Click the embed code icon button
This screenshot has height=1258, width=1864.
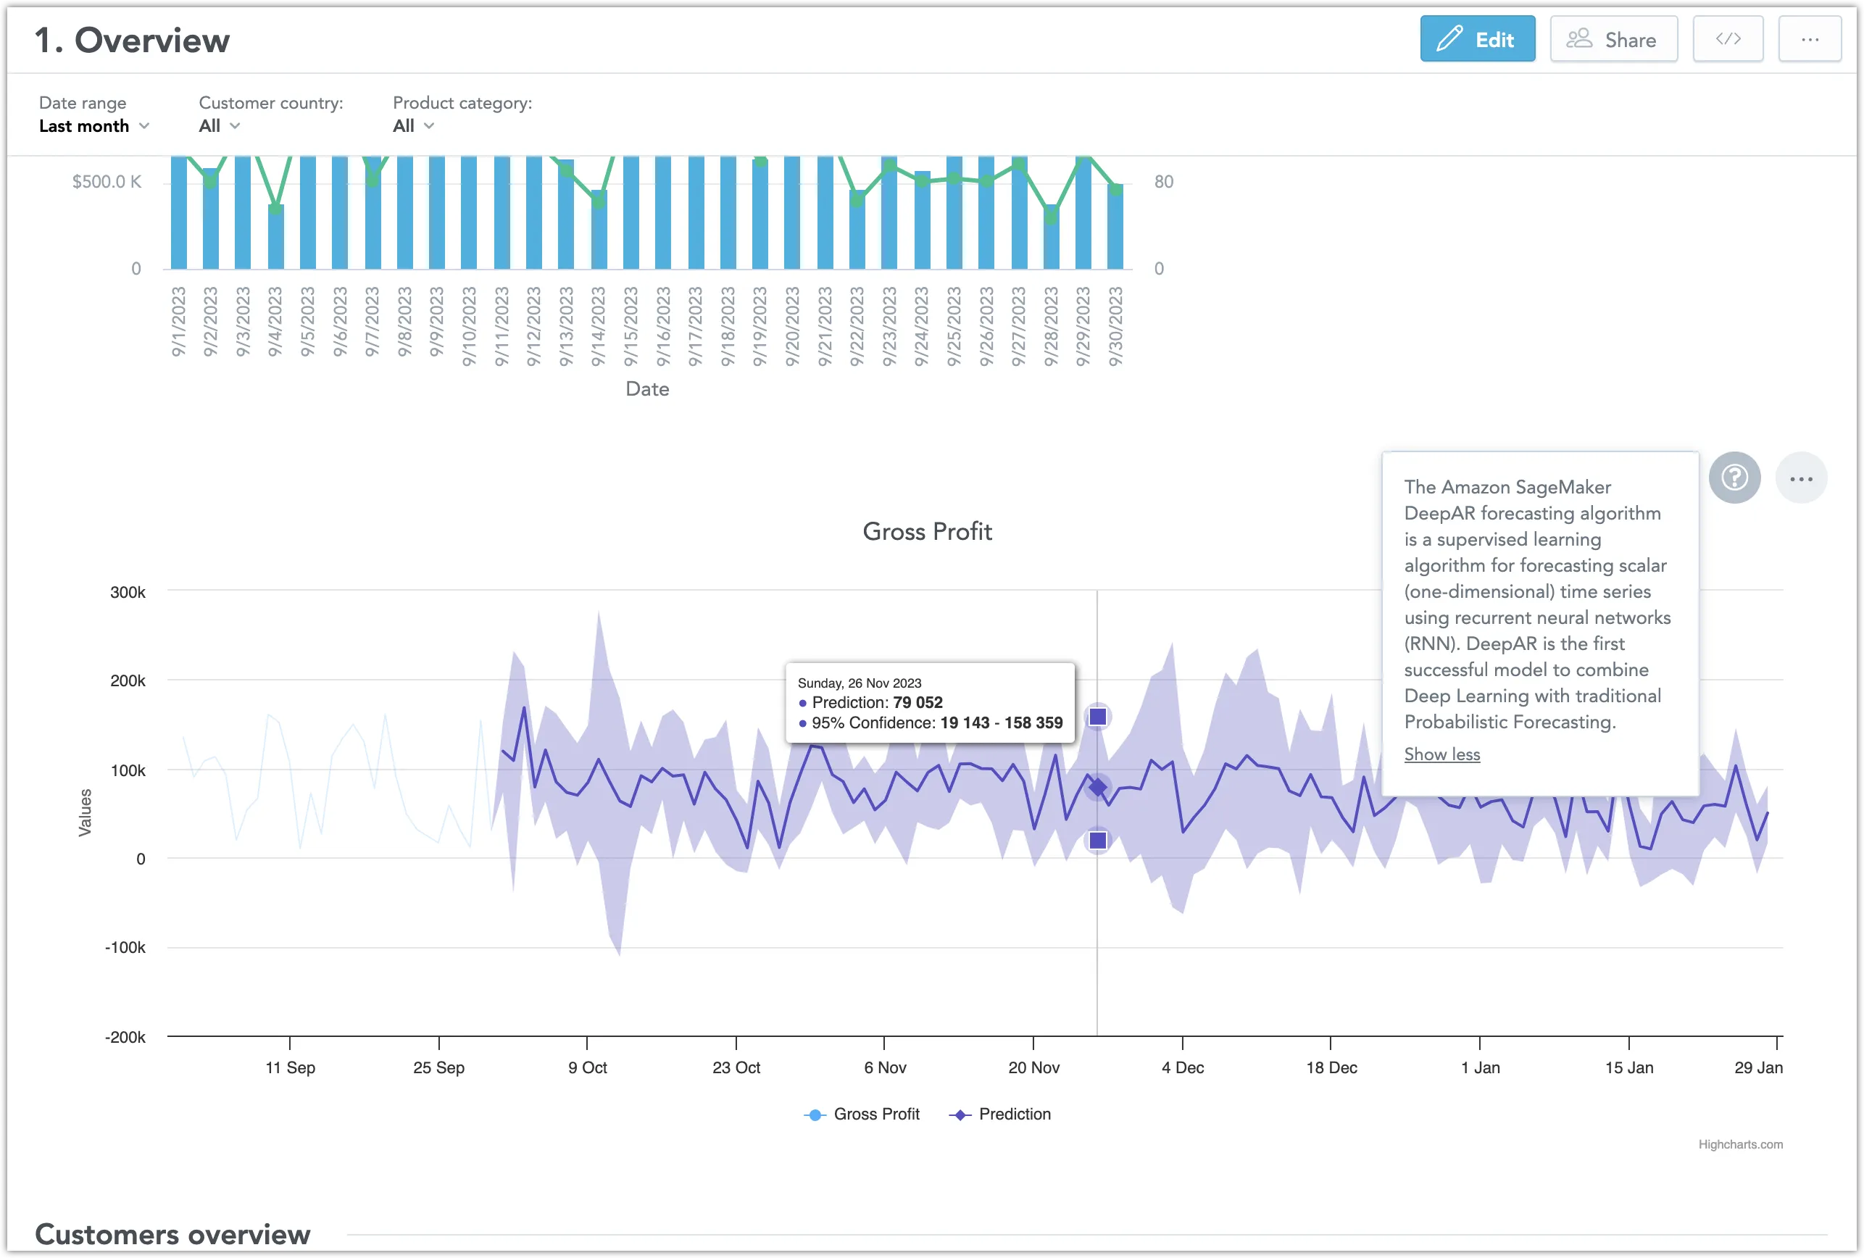[x=1727, y=39]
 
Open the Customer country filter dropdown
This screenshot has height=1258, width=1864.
[x=219, y=126]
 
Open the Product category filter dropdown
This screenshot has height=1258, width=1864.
[x=413, y=126]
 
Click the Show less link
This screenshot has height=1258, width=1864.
[x=1441, y=754]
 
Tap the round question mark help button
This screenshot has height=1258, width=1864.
[x=1734, y=478]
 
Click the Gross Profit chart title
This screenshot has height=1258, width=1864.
[x=926, y=532]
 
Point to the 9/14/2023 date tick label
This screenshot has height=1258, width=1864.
[x=599, y=326]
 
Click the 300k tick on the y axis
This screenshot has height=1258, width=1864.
[x=128, y=593]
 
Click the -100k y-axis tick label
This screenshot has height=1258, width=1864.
[x=125, y=947]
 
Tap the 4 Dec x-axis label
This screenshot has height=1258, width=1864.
[x=1182, y=1067]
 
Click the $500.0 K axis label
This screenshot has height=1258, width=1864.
[x=106, y=182]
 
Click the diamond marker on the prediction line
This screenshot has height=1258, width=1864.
[x=1097, y=788]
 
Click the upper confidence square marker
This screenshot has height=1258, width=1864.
[x=1097, y=716]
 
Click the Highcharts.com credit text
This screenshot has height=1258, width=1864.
[x=1739, y=1144]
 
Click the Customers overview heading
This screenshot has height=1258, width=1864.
[x=172, y=1234]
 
